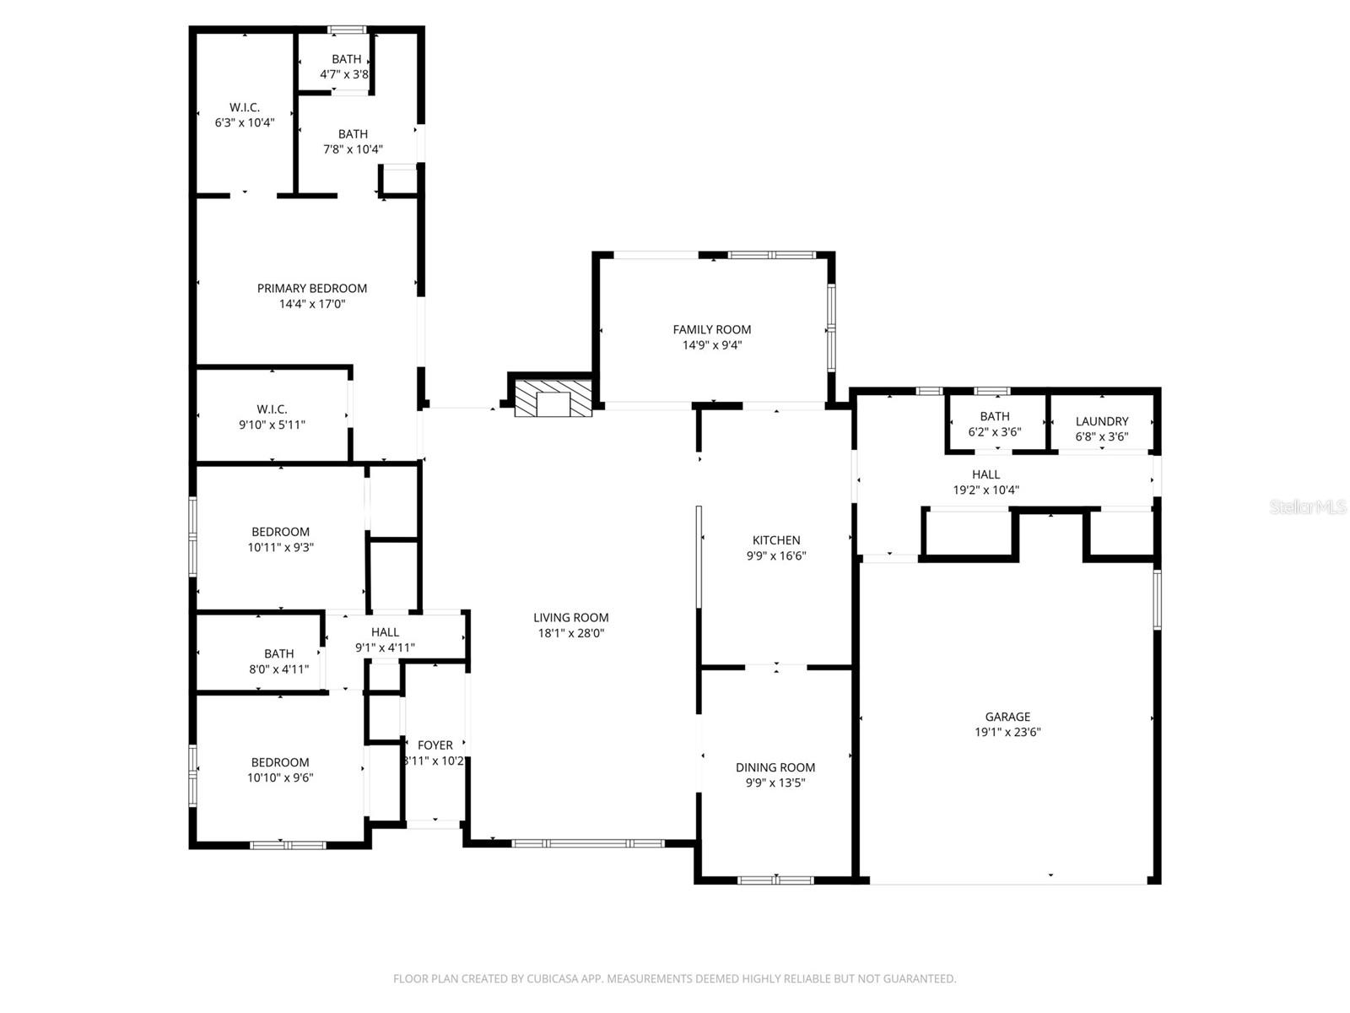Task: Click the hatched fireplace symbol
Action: pos(553,398)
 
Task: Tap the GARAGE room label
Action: pos(1007,717)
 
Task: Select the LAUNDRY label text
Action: pos(1101,421)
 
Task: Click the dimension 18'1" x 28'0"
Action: pos(570,633)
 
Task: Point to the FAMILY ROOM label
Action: pos(711,329)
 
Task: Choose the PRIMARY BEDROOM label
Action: pos(311,288)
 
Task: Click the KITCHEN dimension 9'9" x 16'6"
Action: pos(776,555)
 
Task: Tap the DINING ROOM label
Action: pos(775,767)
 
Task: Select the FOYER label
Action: pos(435,745)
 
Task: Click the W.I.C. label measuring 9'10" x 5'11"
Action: pos(272,409)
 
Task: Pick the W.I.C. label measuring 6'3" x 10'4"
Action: pos(244,107)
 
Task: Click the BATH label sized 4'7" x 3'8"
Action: pos(346,59)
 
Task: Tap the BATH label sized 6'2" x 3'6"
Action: pos(994,416)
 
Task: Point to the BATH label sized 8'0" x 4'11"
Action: pos(278,653)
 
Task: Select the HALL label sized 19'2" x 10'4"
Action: pos(985,474)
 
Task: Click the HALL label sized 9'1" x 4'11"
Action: pos(385,631)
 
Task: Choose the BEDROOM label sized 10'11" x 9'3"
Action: pos(280,532)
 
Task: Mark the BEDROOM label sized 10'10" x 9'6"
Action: pos(279,762)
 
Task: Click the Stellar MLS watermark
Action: pos(1307,506)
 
